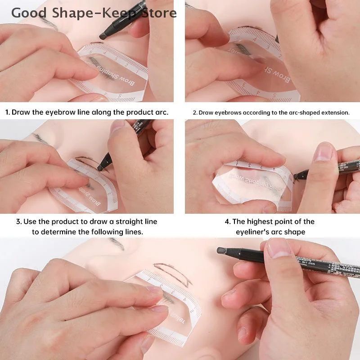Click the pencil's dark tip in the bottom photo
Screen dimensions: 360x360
click(221, 251)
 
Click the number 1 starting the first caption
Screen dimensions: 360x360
click(7, 112)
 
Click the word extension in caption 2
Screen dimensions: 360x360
click(333, 112)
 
